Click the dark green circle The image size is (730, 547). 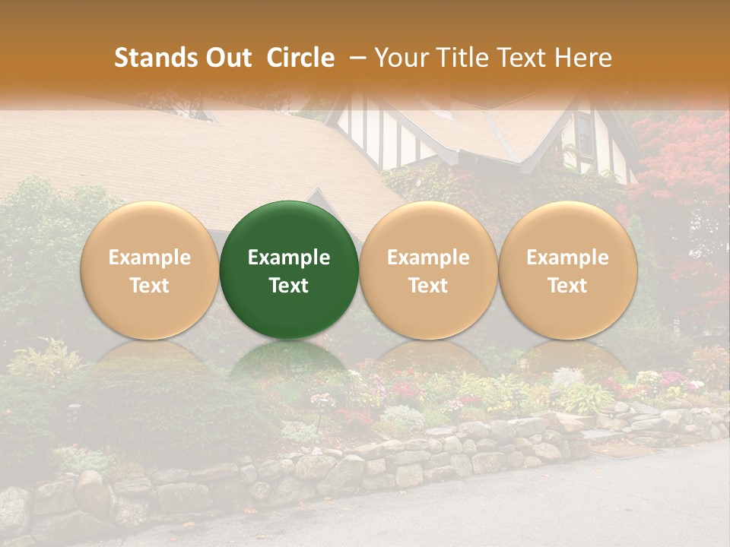(288, 270)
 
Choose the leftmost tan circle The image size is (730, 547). (149, 270)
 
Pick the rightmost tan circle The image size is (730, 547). (568, 270)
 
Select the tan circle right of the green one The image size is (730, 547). (428, 270)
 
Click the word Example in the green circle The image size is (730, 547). (289, 258)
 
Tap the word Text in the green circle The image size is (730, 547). (289, 286)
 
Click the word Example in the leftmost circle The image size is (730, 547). (150, 258)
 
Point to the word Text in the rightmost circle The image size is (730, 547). (568, 286)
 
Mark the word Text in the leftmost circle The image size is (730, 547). (150, 286)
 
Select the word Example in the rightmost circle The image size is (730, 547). (568, 258)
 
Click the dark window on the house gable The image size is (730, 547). (585, 135)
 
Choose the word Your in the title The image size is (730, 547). (399, 58)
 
